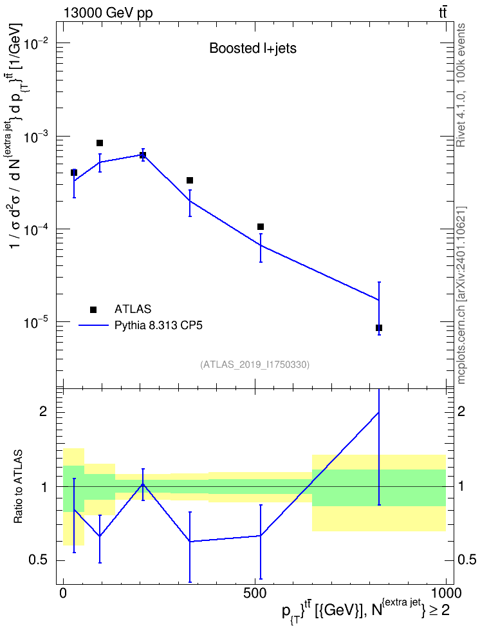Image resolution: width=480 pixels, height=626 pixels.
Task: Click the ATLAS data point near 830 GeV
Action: [x=378, y=328]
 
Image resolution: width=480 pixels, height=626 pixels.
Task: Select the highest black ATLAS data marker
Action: [x=100, y=143]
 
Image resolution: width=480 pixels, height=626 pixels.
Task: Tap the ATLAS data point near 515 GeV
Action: [x=261, y=227]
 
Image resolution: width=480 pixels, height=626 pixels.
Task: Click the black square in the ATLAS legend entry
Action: [x=93, y=309]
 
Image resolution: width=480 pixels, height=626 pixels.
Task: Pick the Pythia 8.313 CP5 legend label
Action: [x=158, y=325]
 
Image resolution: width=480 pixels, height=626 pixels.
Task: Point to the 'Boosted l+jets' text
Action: [x=253, y=49]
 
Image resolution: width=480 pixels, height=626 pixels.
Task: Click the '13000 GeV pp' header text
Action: [x=107, y=13]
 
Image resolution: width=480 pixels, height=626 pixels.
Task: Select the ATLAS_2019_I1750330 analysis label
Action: [x=255, y=365]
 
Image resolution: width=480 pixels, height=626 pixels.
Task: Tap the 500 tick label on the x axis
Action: [x=255, y=593]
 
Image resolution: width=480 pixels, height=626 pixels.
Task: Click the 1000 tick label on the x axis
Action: [x=445, y=593]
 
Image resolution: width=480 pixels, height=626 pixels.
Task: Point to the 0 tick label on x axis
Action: [x=63, y=593]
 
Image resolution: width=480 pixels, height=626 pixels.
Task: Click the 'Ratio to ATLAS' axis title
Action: [x=18, y=487]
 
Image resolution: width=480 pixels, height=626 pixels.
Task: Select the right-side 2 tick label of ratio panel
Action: [x=461, y=411]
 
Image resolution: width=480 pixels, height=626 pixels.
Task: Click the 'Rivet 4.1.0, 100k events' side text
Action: [x=461, y=85]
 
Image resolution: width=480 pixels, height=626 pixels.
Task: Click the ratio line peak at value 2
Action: [x=378, y=412]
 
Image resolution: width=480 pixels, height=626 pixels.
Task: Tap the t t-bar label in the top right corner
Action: [x=443, y=13]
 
